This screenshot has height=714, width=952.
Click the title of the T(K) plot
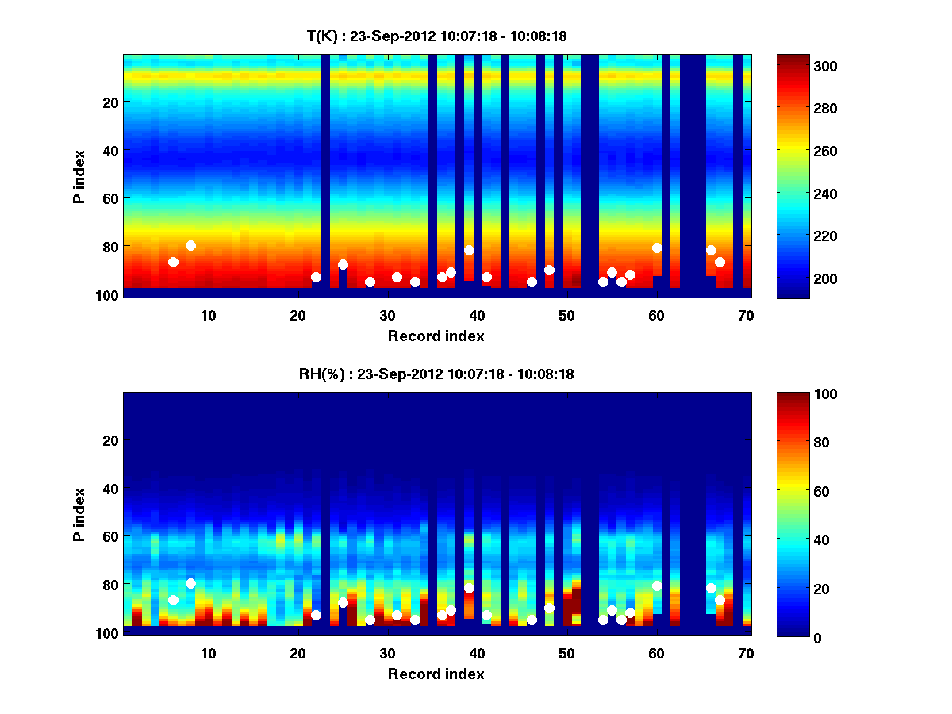pyautogui.click(x=436, y=36)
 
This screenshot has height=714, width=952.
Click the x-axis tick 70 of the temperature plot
pyautogui.click(x=746, y=314)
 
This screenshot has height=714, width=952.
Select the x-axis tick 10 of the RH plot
pyautogui.click(x=209, y=653)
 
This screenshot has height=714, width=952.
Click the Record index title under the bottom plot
pyautogui.click(x=436, y=674)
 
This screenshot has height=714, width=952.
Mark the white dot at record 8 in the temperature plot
pyautogui.click(x=190, y=245)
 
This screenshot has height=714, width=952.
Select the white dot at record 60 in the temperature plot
pyautogui.click(x=657, y=248)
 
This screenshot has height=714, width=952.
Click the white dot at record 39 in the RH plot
pyautogui.click(x=469, y=588)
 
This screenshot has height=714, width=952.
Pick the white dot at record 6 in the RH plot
pyautogui.click(x=173, y=600)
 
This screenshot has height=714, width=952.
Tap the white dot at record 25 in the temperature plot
pyautogui.click(x=343, y=264)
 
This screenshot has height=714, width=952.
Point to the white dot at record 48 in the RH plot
pyautogui.click(x=549, y=608)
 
